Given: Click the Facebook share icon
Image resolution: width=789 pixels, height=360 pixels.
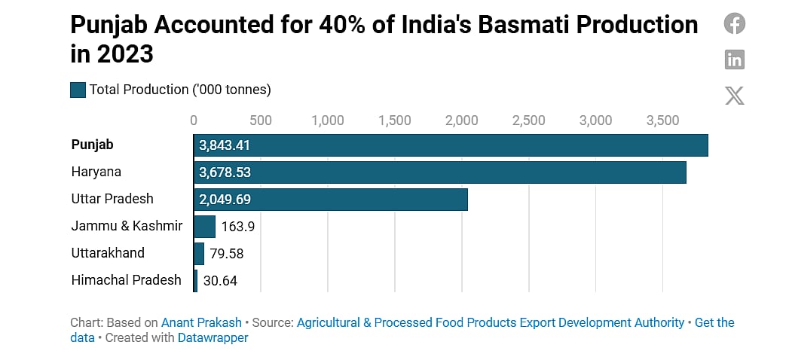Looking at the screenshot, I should [734, 23].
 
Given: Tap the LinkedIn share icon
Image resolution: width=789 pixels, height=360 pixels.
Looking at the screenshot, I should [734, 59].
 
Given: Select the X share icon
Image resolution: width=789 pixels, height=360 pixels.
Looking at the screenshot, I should [734, 95].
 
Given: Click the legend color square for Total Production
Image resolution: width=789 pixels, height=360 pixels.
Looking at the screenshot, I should [78, 90].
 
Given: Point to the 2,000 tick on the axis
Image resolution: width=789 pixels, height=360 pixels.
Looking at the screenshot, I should [461, 121].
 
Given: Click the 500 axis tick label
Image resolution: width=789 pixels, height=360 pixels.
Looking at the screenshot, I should [260, 121].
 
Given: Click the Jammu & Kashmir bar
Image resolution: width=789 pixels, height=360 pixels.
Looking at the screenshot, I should [204, 226].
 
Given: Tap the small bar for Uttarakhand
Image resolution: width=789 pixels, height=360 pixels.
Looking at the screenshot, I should [199, 253].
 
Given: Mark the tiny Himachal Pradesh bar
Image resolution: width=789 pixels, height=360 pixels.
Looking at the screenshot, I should [195, 280].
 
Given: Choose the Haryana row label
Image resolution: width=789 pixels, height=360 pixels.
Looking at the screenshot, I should [96, 172].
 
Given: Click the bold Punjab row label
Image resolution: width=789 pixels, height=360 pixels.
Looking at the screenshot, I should [92, 145].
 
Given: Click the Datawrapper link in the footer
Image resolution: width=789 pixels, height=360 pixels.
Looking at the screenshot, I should [213, 337].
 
